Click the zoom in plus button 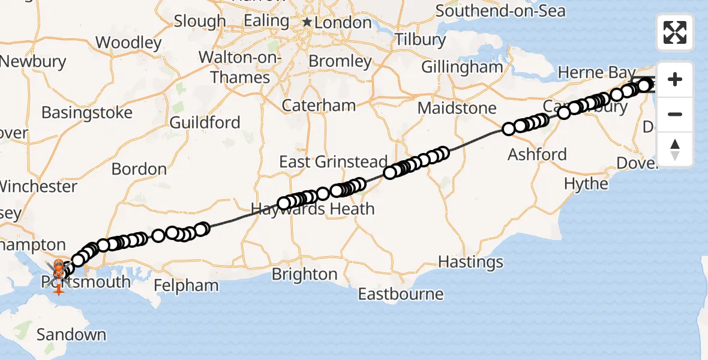(675, 80)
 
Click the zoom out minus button (675, 115)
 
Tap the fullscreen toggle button (675, 32)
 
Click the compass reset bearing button (675, 149)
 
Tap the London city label (344, 23)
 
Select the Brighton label (304, 274)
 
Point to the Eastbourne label (401, 294)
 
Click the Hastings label (470, 262)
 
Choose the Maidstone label (457, 109)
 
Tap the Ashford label (537, 154)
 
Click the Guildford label (205, 123)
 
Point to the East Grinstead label (333, 162)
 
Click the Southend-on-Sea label (500, 11)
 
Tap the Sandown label (71, 334)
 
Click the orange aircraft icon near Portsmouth (58, 289)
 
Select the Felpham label (186, 285)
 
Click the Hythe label (586, 184)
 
